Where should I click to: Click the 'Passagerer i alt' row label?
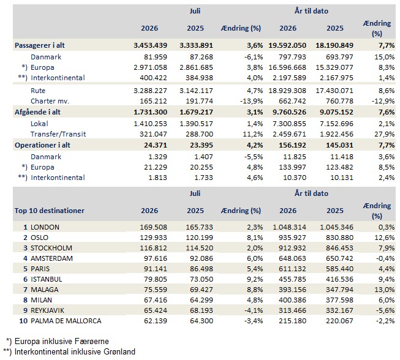(40, 45)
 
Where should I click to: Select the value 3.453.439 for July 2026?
(150, 45)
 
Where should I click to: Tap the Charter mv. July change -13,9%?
(251, 101)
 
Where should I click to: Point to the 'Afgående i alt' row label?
(37, 112)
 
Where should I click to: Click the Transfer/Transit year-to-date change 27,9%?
(385, 134)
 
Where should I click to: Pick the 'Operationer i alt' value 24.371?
(155, 145)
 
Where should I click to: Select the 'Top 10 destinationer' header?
(50, 211)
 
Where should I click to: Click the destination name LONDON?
(45, 227)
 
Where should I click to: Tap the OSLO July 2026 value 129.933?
(153, 238)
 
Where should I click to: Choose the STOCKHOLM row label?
(51, 248)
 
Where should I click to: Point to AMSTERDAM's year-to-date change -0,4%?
(385, 258)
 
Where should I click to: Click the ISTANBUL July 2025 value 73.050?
(202, 279)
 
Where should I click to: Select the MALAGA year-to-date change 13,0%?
(385, 290)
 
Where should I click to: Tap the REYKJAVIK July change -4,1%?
(254, 310)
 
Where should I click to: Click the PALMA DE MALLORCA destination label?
(66, 321)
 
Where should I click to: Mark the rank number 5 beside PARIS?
(25, 269)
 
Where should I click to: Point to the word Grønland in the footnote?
(119, 352)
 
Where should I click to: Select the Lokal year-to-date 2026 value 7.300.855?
(289, 124)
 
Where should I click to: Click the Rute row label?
(38, 91)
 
